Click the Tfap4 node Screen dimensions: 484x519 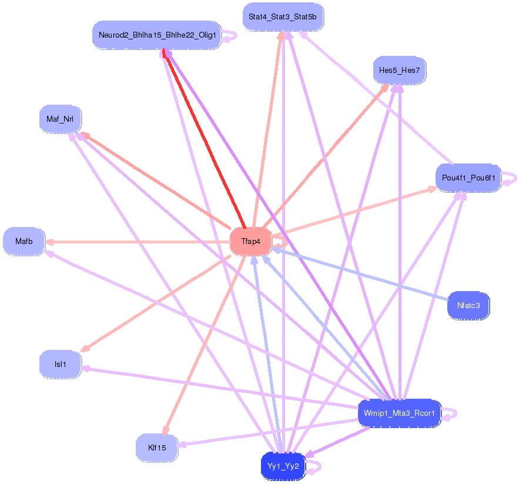250,242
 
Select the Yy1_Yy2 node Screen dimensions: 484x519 283,466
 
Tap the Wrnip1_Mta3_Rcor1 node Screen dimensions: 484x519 399,413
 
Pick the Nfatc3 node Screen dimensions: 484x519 468,306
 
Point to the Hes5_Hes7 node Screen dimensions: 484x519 399,71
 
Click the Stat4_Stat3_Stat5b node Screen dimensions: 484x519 282,17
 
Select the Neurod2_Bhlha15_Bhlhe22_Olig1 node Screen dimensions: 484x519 157,35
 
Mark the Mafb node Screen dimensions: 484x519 24,242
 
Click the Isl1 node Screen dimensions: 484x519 60,364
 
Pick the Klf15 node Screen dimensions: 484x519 157,448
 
